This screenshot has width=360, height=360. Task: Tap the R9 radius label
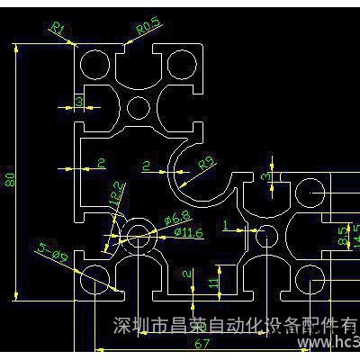pos(206,164)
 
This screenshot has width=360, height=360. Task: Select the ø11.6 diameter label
pos(188,233)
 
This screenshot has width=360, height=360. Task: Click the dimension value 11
pos(213,283)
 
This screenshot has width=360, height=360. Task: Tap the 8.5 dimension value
pos(341,236)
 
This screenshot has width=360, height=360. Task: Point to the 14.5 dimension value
pos(354,236)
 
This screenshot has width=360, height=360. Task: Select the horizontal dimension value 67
pos(204,343)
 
